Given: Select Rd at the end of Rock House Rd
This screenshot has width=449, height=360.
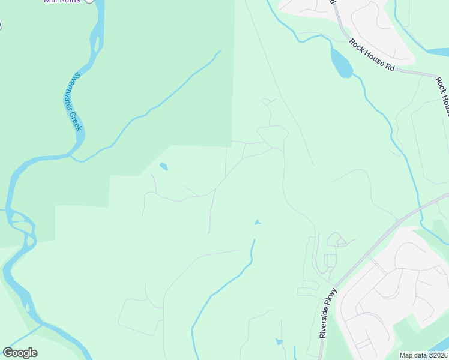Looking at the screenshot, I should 390,67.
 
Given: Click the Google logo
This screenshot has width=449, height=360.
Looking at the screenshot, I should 20,353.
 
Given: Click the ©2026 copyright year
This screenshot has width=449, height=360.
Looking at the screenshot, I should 438,355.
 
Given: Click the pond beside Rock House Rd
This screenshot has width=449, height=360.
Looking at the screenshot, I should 340,62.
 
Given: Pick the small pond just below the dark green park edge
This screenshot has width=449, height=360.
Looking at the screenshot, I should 163,167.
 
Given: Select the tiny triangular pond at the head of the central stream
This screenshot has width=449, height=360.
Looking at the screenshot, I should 258,223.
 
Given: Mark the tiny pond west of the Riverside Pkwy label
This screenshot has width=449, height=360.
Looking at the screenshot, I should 279,341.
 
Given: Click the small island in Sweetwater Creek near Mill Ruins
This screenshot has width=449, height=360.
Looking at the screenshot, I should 95,43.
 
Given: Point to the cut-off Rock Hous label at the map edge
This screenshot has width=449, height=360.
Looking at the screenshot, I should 443,96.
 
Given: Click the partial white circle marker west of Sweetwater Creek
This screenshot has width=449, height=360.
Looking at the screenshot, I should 1,25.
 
